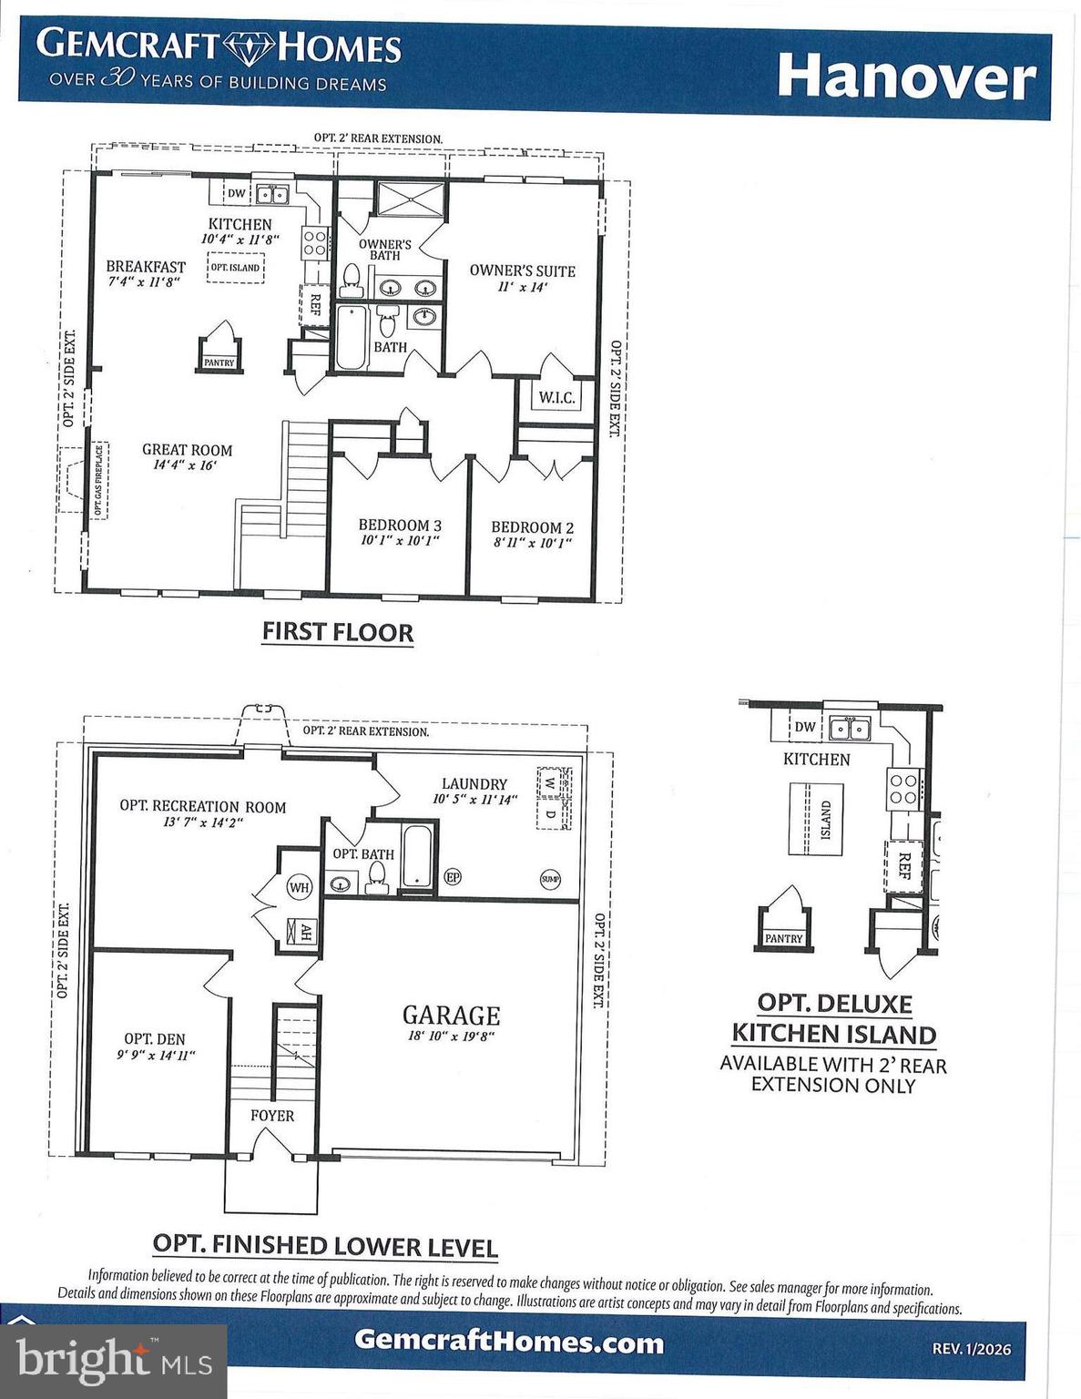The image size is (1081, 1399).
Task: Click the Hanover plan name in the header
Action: click(905, 77)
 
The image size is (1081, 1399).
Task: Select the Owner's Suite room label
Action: click(522, 271)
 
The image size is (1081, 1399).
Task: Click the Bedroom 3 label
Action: click(400, 525)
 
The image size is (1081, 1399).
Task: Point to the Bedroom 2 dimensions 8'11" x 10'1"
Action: click(531, 543)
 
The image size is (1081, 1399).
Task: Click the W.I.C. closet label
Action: click(556, 397)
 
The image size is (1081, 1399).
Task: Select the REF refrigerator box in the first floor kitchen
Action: click(315, 304)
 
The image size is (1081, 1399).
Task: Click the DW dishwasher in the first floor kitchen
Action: click(236, 193)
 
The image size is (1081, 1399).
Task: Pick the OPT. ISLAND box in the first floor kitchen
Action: click(235, 268)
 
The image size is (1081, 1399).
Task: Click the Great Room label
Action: click(187, 450)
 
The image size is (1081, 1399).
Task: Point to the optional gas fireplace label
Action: click(98, 480)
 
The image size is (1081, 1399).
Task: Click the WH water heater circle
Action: click(299, 886)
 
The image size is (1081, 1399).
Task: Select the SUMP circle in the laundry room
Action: click(550, 879)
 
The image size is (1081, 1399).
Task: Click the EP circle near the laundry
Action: click(453, 877)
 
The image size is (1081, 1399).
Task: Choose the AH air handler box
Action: click(304, 931)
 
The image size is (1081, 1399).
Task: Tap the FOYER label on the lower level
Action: click(272, 1115)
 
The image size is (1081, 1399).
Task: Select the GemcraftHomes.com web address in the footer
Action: click(508, 1341)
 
